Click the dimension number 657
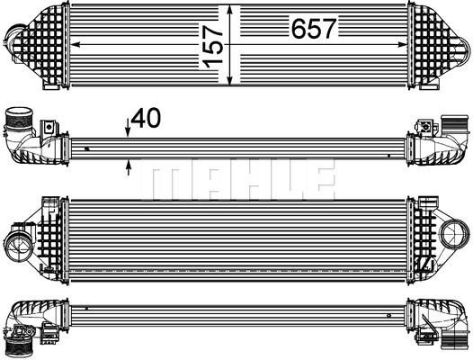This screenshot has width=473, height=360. coord(314,28)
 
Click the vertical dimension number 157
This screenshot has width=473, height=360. coord(212,46)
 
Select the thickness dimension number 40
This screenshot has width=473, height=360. coord(146,119)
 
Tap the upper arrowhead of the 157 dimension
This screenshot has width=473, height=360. coord(230,10)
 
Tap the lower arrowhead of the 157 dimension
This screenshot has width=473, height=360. coord(230,80)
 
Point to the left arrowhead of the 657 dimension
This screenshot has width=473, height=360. coord(76,44)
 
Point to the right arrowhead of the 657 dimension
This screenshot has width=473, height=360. coord(402,44)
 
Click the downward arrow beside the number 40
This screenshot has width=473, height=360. coord(128,128)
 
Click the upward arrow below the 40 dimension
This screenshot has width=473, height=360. coord(129,167)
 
